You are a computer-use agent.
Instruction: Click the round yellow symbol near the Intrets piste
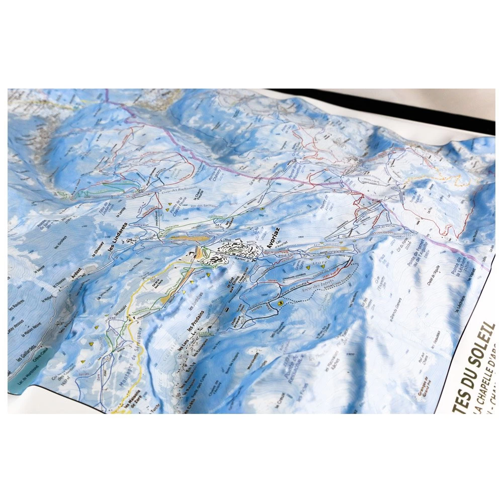(x=280, y=304)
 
